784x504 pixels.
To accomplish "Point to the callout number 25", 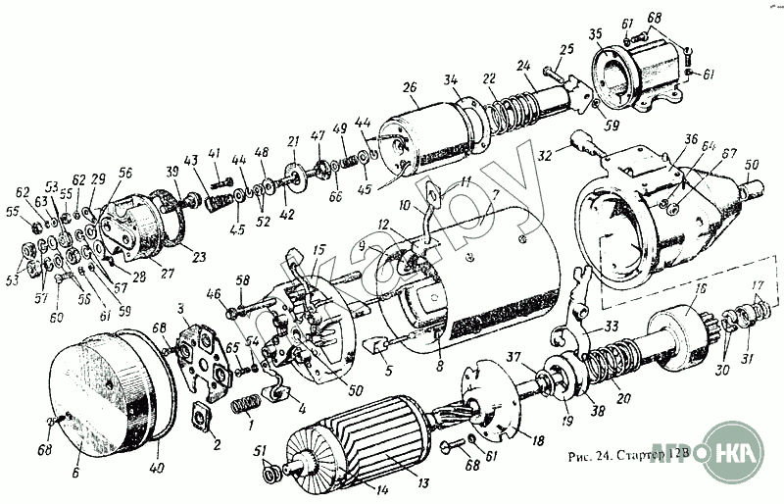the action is [x=566, y=48].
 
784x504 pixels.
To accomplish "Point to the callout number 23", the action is [x=199, y=259].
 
